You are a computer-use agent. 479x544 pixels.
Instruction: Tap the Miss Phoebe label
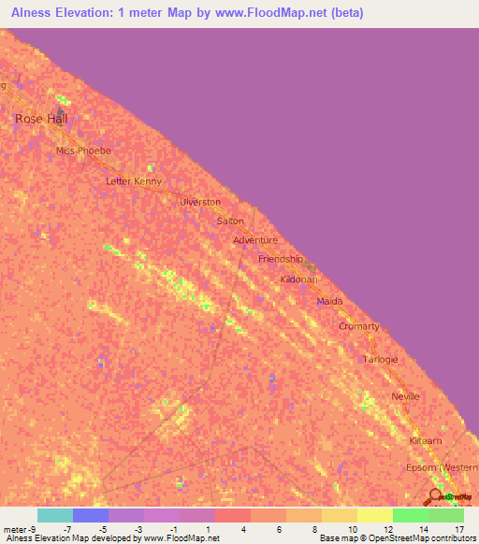(83, 150)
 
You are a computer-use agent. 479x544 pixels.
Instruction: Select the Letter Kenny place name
(134, 181)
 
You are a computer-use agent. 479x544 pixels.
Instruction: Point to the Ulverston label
(200, 202)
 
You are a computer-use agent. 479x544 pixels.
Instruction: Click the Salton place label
(230, 222)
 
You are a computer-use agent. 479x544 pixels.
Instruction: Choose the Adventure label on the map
(255, 240)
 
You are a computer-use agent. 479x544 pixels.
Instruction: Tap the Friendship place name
(281, 259)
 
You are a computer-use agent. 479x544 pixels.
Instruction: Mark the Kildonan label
(300, 280)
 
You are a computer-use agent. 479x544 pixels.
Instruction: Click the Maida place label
(330, 302)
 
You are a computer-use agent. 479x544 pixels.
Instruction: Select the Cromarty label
(359, 326)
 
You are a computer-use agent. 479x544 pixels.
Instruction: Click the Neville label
(405, 396)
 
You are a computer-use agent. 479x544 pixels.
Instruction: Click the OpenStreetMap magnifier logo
(435, 497)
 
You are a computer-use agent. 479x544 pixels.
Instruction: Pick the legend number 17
(458, 529)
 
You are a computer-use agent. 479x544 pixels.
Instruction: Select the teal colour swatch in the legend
(55, 515)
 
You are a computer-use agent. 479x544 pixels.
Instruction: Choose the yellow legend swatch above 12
(375, 515)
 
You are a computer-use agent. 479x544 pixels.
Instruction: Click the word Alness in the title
(30, 13)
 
